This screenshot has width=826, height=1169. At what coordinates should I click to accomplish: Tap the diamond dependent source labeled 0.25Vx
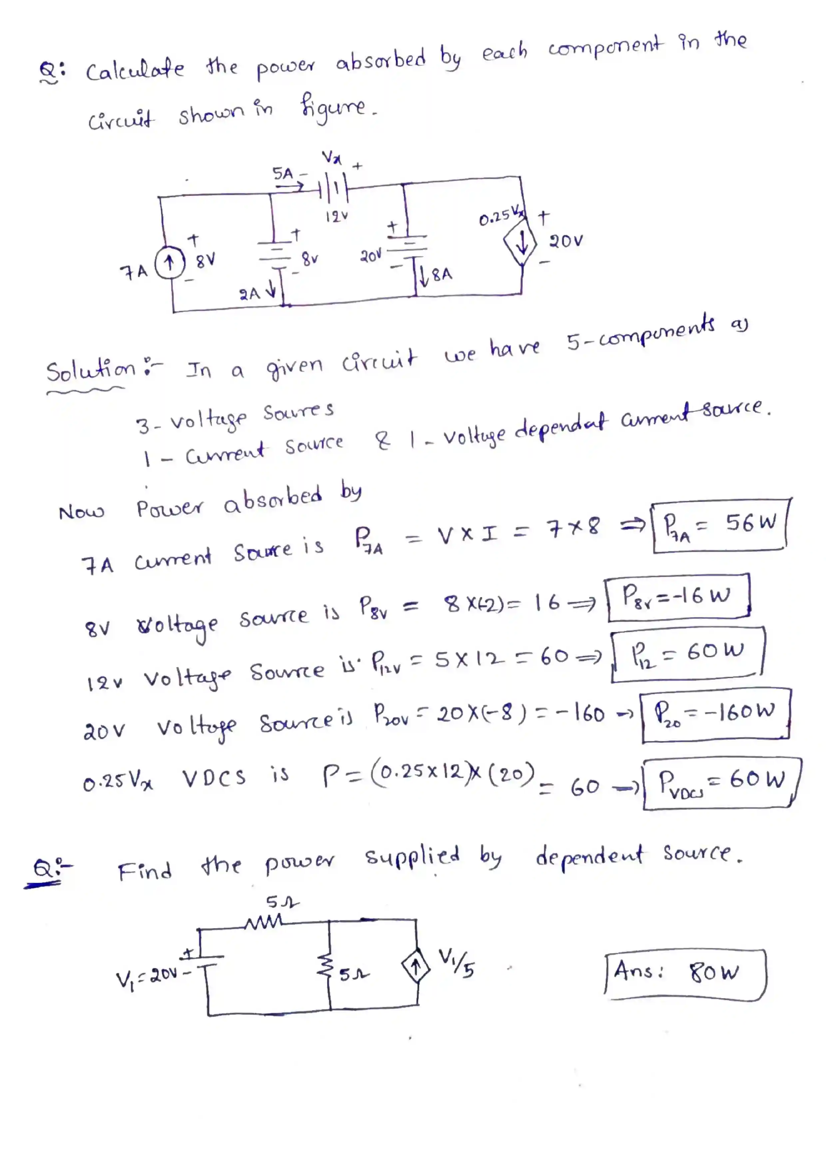pyautogui.click(x=521, y=246)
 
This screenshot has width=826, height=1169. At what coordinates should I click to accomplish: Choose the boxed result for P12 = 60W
pyautogui.click(x=687, y=654)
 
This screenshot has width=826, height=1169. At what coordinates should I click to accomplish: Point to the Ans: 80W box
pyautogui.click(x=684, y=974)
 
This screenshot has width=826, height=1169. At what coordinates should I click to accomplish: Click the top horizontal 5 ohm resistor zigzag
pyautogui.click(x=264, y=922)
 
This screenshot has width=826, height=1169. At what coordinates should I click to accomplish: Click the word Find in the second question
pyautogui.click(x=145, y=871)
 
